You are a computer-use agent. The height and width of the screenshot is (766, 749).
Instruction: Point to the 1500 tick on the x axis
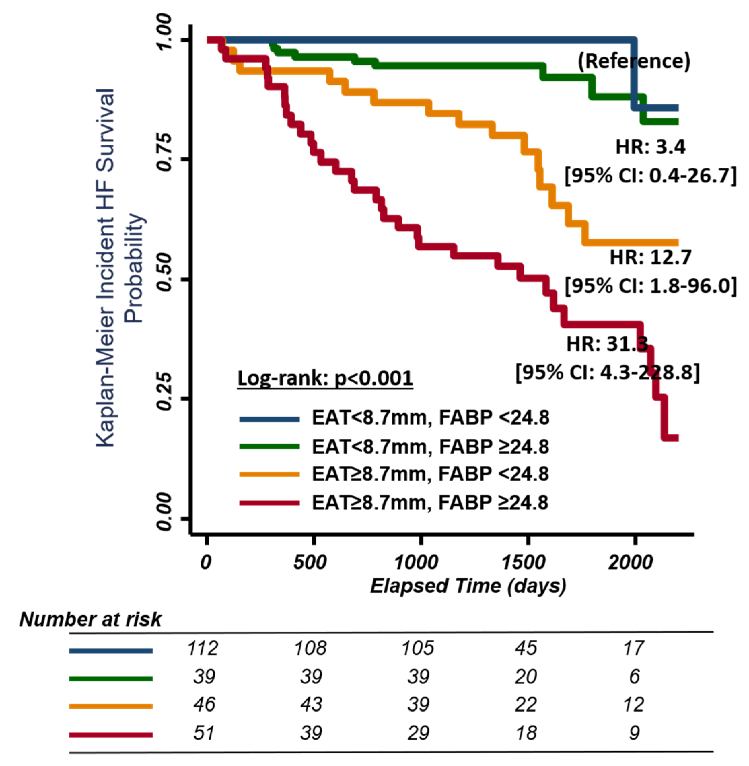click(524, 563)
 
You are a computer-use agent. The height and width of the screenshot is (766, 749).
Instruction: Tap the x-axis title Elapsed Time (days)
click(468, 586)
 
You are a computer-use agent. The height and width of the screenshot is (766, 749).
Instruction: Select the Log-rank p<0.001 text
click(325, 378)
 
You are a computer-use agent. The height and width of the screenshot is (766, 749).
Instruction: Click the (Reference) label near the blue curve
click(634, 61)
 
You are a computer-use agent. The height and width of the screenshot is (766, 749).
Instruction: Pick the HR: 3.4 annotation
click(650, 147)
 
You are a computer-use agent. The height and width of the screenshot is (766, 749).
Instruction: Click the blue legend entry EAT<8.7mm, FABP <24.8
click(430, 417)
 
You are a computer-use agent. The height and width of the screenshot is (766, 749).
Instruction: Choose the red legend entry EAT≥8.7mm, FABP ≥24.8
click(430, 503)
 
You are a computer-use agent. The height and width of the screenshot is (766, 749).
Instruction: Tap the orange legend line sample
click(270, 475)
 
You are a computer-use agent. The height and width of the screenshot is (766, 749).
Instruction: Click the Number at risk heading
click(90, 619)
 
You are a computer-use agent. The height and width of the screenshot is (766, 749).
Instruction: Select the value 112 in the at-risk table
click(203, 648)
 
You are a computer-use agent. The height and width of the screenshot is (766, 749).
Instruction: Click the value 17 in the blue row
click(633, 648)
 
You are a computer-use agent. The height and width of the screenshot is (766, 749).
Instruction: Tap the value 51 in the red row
click(204, 733)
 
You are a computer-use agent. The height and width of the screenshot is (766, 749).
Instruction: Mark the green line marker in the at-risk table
click(111, 678)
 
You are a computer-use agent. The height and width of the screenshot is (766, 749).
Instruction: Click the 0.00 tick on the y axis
click(165, 518)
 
